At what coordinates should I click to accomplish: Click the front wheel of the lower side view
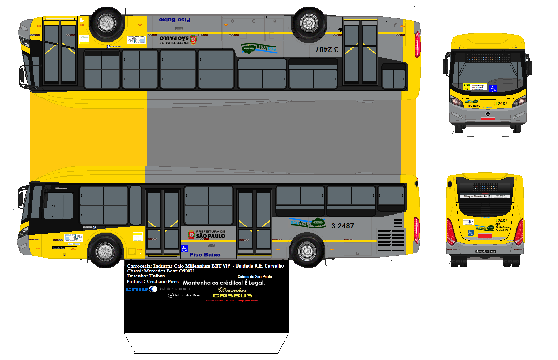(105, 251)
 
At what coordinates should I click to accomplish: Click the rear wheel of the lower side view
(307, 250)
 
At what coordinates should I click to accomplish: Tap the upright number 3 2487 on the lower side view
(342, 226)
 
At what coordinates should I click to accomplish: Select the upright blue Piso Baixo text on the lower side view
(205, 255)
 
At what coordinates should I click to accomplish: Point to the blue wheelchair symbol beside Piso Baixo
(185, 248)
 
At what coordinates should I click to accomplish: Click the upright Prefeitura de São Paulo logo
(206, 234)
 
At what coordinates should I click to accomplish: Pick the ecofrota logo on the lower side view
(307, 223)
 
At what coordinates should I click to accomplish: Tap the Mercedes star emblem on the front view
(488, 114)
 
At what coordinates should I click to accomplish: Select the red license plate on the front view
(488, 119)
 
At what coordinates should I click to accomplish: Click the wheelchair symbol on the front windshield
(493, 89)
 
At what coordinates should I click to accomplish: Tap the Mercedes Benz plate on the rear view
(485, 251)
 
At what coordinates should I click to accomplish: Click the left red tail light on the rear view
(451, 232)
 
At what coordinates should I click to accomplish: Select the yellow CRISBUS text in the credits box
(233, 295)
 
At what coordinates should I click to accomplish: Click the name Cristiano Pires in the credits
(163, 282)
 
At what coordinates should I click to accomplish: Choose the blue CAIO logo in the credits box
(137, 289)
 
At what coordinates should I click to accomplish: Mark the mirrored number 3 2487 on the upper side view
(327, 50)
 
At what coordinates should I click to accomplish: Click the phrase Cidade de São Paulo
(255, 277)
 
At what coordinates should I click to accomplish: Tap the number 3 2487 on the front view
(500, 104)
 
